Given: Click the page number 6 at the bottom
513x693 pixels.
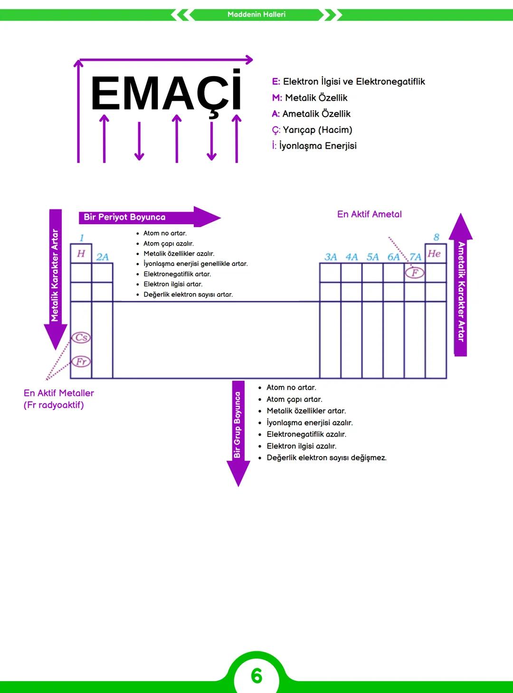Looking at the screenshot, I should [x=256, y=676].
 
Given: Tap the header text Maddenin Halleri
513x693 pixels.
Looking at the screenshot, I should [x=256, y=15].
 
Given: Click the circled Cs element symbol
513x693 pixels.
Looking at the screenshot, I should [x=81, y=338].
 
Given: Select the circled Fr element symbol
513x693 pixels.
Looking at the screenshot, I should [x=81, y=361].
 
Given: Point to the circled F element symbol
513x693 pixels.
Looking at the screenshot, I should [x=415, y=273].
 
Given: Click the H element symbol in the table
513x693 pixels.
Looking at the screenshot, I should [x=81, y=253].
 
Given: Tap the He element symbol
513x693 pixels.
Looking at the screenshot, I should [x=434, y=253].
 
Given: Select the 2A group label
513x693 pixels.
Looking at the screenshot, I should [x=102, y=257].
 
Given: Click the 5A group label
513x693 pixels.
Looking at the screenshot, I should [x=372, y=257].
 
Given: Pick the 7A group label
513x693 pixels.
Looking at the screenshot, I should [x=415, y=257].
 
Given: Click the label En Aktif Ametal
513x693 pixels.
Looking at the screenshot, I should [x=369, y=214].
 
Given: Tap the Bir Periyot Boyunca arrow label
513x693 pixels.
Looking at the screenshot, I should [x=125, y=217].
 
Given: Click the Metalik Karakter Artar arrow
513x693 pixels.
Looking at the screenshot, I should [x=55, y=275].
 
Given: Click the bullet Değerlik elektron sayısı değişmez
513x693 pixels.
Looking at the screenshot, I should [x=326, y=458].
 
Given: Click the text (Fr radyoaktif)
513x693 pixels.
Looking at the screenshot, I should [x=54, y=405].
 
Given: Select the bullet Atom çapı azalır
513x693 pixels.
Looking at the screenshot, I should [x=169, y=244].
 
